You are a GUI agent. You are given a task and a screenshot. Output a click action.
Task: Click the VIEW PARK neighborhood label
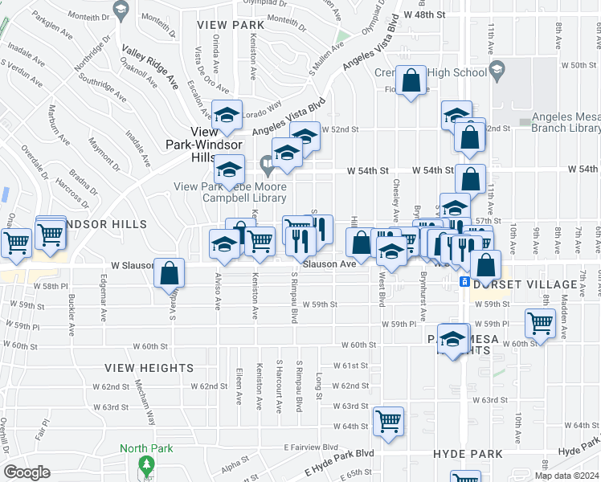230,25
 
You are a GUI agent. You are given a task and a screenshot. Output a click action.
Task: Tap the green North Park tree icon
145,464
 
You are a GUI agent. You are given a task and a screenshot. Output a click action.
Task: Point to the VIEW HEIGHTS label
149,367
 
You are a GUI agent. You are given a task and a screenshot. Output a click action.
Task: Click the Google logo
27,472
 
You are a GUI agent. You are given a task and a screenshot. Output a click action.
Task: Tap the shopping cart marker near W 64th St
389,420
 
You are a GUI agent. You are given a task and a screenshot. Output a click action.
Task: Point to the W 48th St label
424,14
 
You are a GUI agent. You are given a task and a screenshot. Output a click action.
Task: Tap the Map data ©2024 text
566,476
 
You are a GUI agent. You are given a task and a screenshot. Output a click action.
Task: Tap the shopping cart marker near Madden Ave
541,323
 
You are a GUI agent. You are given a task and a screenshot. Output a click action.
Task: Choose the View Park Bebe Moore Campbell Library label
231,192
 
